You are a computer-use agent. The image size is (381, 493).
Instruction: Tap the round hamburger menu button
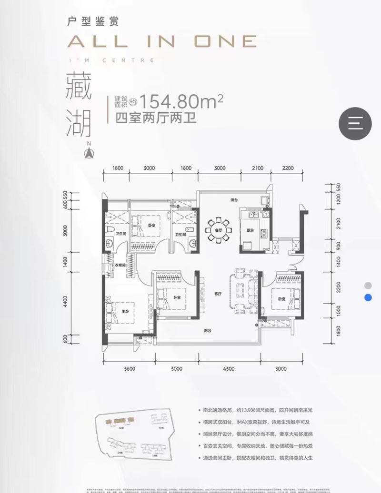coord(355,123)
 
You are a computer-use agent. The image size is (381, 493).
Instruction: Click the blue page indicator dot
coord(368,298)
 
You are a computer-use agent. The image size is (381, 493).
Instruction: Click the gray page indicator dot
coord(368,286)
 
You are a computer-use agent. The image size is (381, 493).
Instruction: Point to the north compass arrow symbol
coord(88,152)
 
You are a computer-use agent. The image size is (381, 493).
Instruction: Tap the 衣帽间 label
coord(120,265)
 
